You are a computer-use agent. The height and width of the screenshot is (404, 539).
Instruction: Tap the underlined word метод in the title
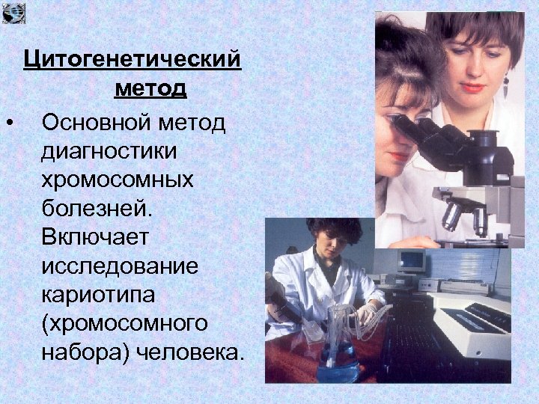(x=150, y=89)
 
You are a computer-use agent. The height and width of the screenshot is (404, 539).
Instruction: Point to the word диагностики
(x=110, y=151)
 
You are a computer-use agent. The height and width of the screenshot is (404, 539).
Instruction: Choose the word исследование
(x=120, y=267)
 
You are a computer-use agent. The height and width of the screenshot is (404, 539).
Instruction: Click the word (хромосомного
(x=124, y=324)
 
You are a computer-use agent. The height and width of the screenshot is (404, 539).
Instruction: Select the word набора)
(x=86, y=352)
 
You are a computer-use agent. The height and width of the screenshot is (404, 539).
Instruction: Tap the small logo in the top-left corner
(x=13, y=12)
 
